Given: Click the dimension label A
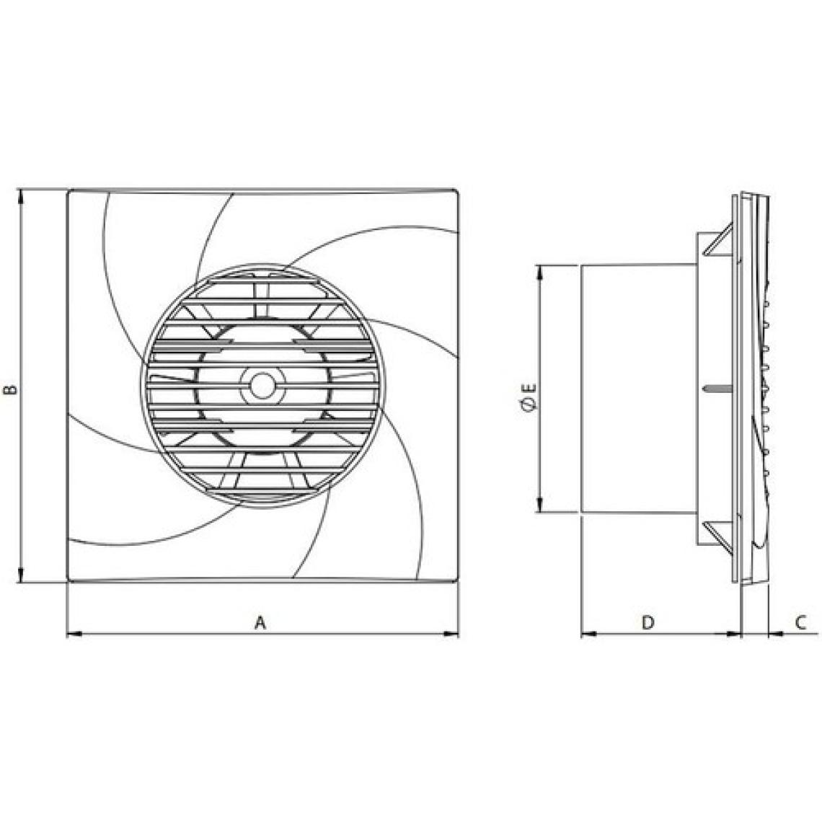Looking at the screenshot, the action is tap(260, 623).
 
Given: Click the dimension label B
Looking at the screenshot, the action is tap(11, 389).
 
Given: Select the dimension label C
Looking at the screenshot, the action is tap(800, 623).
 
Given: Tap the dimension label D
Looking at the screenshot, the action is tap(648, 623).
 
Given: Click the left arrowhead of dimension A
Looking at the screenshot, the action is tap(74, 635).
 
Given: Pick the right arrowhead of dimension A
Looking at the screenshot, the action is tap(451, 635).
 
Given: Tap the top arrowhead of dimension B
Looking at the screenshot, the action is tap(21, 197).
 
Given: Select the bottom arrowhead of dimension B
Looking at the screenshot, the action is tap(21, 575).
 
